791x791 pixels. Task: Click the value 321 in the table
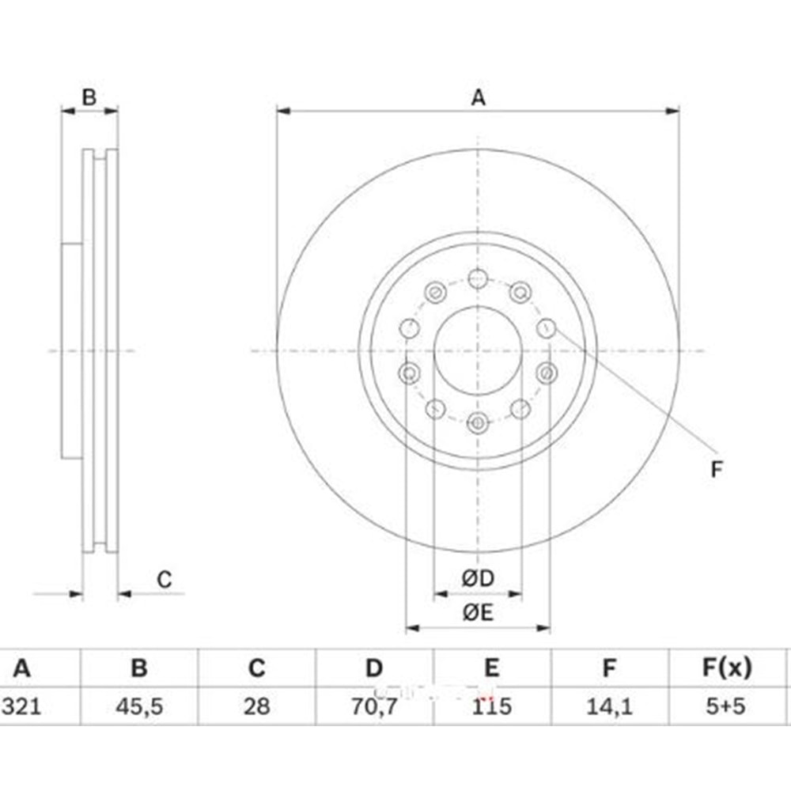21,706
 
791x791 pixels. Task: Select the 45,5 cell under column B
139,706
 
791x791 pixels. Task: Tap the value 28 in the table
257,706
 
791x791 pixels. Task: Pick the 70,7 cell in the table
374,706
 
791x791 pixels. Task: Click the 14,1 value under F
609,706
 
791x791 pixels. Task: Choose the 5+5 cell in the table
725,706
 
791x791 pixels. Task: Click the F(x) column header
727,668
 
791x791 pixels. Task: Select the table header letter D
374,668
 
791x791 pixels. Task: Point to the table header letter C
257,668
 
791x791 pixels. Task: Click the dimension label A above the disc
479,97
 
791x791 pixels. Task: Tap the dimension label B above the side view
89,97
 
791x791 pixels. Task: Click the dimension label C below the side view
165,580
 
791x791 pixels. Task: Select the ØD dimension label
478,579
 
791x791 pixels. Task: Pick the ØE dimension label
478,613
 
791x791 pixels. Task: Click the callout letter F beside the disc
717,470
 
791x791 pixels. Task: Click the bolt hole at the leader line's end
546,329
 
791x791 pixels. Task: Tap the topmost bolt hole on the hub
478,278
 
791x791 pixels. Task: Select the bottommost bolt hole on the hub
478,422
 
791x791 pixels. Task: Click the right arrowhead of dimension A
672,111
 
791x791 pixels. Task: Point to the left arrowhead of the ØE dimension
413,628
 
